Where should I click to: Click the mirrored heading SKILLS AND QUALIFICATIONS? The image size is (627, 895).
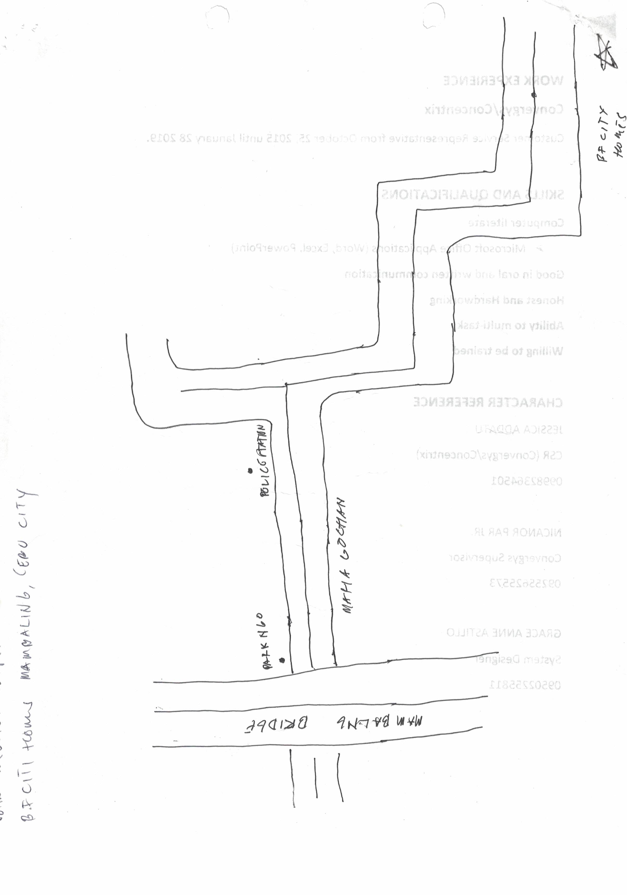tap(472, 194)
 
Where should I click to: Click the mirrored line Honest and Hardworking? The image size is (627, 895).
tap(496, 300)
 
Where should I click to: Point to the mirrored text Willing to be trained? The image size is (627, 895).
tap(507, 351)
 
